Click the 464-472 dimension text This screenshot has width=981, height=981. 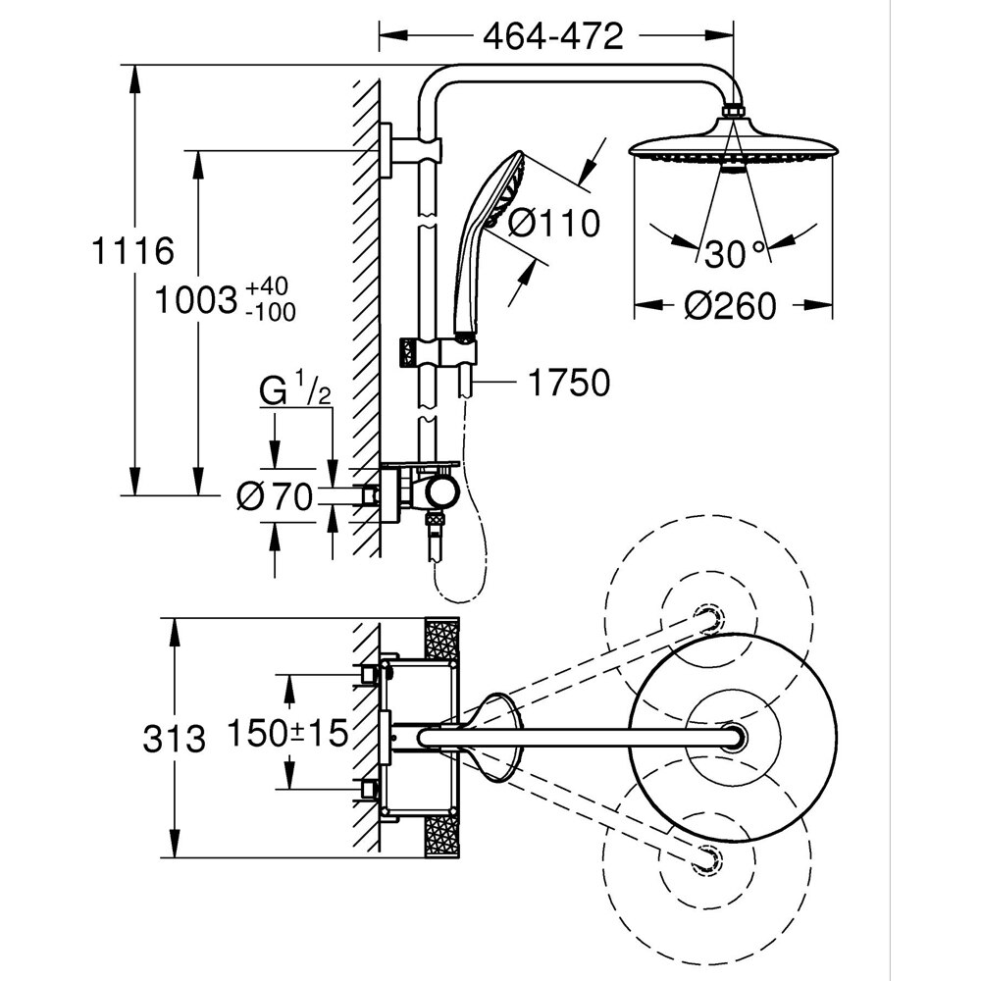click(x=553, y=36)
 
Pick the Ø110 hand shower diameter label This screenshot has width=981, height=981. click(x=554, y=224)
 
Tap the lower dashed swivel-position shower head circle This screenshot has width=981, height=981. click(x=706, y=855)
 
